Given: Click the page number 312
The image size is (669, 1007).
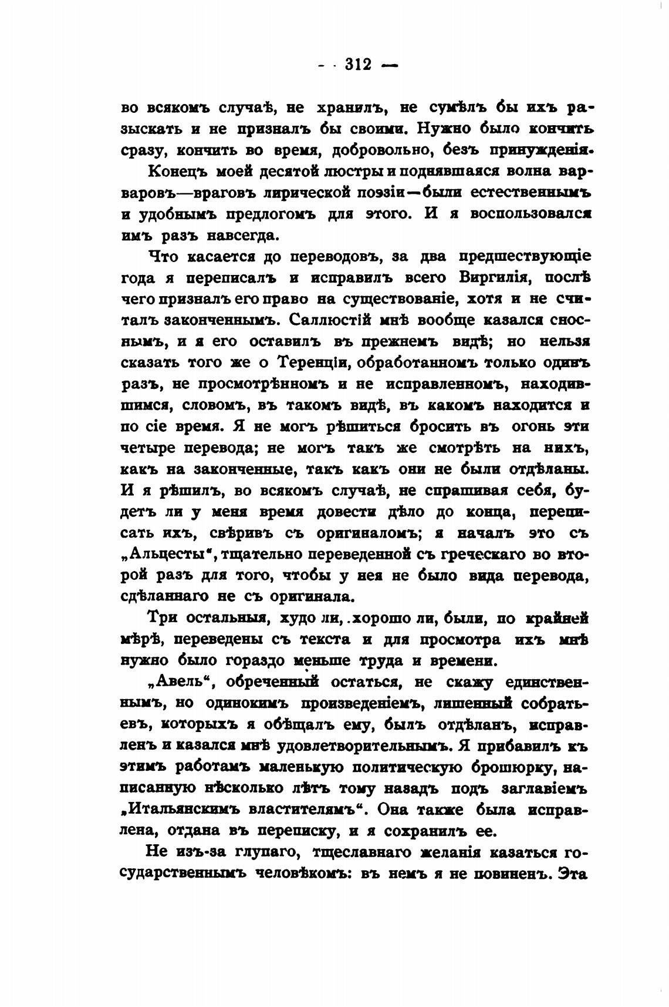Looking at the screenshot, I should tap(359, 64).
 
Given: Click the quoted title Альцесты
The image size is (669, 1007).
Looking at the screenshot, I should tap(170, 554).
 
